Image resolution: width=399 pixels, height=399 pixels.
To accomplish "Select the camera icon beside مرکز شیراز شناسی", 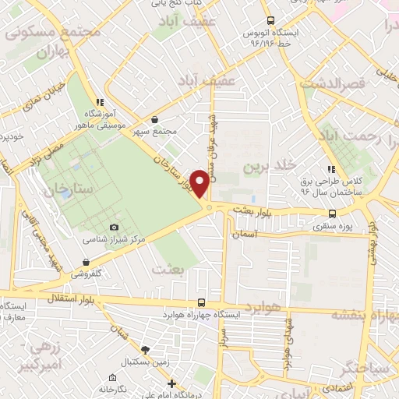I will [115, 227].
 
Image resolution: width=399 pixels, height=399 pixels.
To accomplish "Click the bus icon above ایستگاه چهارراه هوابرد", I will [202, 302].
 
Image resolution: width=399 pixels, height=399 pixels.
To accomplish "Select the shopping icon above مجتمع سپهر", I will [155, 120].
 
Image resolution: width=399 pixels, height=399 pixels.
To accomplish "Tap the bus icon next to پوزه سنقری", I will [333, 214].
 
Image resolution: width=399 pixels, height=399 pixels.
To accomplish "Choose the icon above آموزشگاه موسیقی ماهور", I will [100, 102].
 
